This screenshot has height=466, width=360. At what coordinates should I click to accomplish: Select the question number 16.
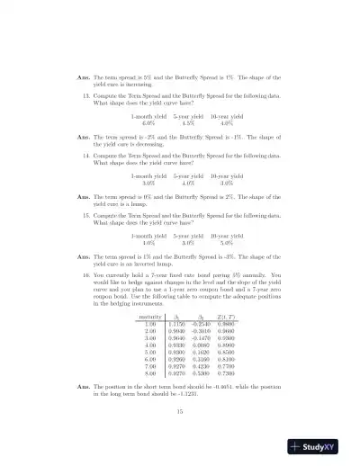pyautogui.click(x=85, y=273)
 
